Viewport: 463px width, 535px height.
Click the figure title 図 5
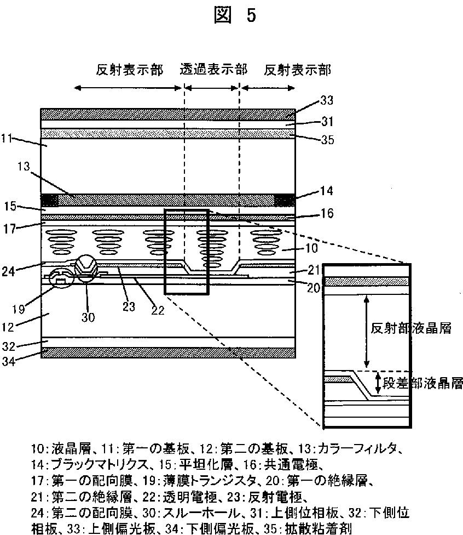pos(236,15)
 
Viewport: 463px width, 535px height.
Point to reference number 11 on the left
pos(8,139)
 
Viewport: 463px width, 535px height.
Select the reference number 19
pos(18,309)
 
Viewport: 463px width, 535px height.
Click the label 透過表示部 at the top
pos(213,70)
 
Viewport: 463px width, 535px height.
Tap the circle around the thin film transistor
pos(62,280)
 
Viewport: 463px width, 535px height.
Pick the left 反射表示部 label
pos(129,70)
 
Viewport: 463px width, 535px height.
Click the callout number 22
pos(157,309)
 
